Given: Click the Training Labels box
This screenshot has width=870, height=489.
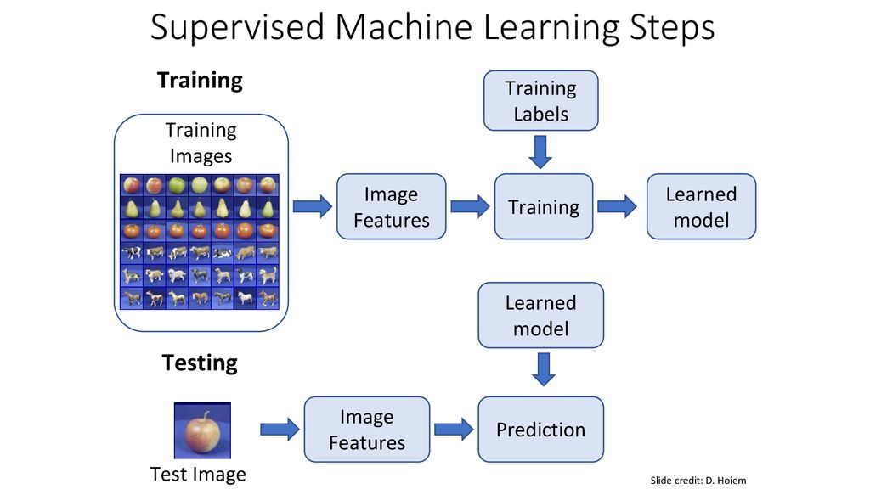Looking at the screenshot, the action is tap(540, 100).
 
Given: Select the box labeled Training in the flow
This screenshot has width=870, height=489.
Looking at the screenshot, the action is tap(543, 206).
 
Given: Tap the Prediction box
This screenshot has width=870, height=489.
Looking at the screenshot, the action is tap(540, 429).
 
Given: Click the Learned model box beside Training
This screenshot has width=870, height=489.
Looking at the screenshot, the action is tap(701, 206).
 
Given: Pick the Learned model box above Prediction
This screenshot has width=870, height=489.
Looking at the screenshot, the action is tap(540, 315).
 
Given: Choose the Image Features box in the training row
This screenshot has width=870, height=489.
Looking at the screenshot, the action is tap(391, 206).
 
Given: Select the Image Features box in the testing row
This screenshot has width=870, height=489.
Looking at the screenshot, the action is tap(367, 429).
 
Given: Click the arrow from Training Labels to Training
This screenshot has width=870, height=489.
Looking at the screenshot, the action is tap(540, 152).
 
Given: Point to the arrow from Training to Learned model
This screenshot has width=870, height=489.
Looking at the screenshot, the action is tap(617, 206).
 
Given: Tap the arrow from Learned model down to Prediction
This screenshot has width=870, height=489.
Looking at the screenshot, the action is tap(543, 369).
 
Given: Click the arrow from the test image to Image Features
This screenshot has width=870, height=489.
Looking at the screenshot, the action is tap(280, 429).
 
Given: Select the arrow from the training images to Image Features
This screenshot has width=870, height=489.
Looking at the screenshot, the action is tap(313, 206).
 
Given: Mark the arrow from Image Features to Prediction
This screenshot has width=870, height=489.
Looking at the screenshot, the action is tap(454, 429).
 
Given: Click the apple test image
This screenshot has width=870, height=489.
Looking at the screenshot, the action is tap(202, 430).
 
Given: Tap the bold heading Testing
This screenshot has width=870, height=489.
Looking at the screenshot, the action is tap(200, 363).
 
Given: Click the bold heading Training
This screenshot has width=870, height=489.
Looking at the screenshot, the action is tap(200, 81).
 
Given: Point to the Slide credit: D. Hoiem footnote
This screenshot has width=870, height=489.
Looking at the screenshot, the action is tap(698, 481).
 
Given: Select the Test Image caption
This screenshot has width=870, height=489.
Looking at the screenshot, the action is tap(198, 474).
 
